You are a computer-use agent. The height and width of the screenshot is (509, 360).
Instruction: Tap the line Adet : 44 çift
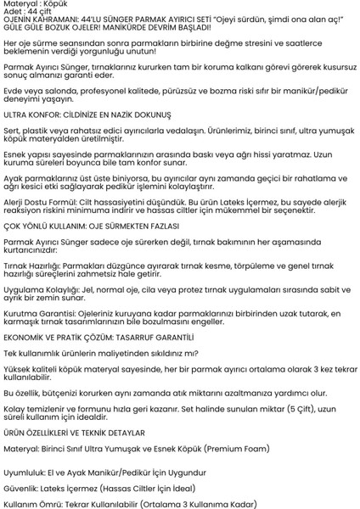pyautogui.click(x=25, y=13)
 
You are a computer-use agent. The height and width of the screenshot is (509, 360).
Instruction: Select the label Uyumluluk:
pyautogui.click(x=24, y=472)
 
